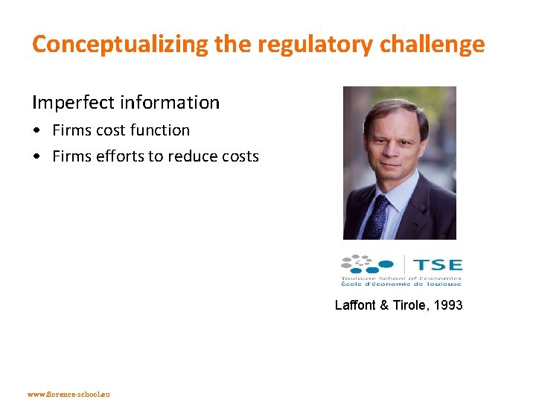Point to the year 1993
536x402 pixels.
pyautogui.click(x=448, y=305)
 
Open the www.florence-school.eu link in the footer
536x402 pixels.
pyautogui.click(x=68, y=394)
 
